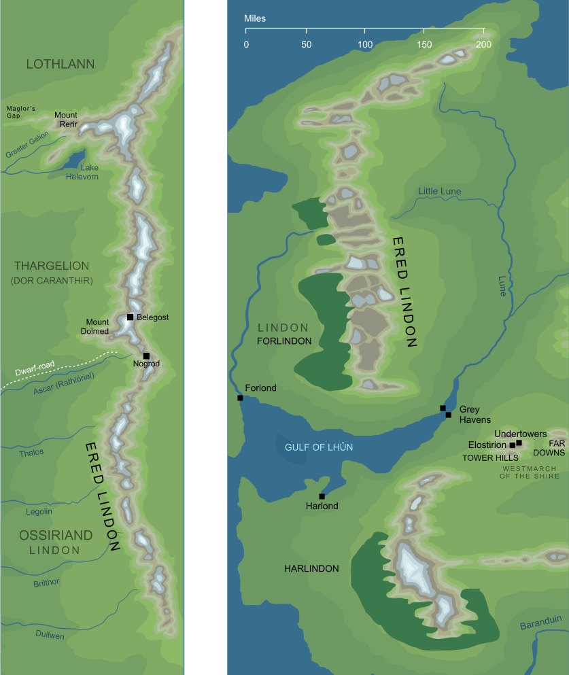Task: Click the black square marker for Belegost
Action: pyautogui.click(x=130, y=317)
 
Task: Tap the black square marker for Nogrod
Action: pyautogui.click(x=146, y=356)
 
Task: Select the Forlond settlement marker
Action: pyautogui.click(x=240, y=398)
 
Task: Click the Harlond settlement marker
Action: pyautogui.click(x=322, y=496)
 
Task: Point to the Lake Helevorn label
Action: pyautogui.click(x=82, y=172)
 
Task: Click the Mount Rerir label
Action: pyautogui.click(x=66, y=120)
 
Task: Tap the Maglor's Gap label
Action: pyautogui.click(x=20, y=112)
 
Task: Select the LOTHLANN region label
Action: pyautogui.click(x=60, y=64)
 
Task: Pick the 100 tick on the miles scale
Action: pyautogui.click(x=365, y=31)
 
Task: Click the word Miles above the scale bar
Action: pyautogui.click(x=256, y=17)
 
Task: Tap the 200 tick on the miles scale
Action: pyautogui.click(x=483, y=31)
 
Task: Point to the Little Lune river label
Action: pyautogui.click(x=439, y=192)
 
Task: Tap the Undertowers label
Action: pyautogui.click(x=521, y=434)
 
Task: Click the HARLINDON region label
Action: pyautogui.click(x=311, y=568)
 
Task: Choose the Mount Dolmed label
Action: pyautogui.click(x=97, y=326)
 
